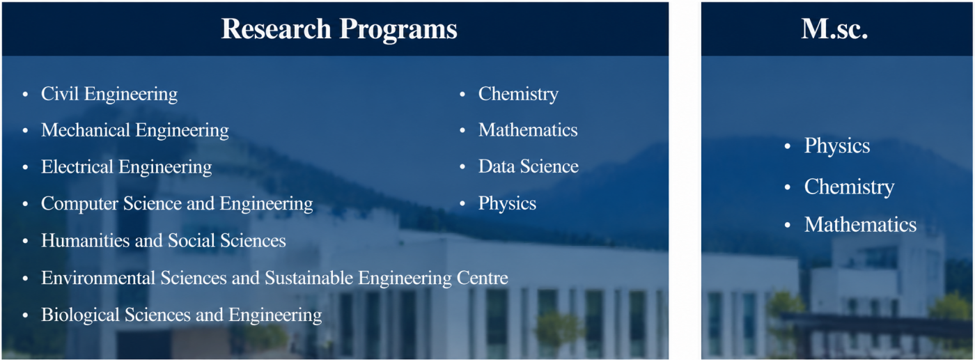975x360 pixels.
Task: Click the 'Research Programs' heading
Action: [339, 29]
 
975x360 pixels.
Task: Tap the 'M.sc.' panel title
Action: [834, 29]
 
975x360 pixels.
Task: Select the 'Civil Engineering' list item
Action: [109, 94]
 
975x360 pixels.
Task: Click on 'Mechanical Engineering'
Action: [135, 131]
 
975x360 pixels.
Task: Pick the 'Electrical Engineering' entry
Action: [127, 167]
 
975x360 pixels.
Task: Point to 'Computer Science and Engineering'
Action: [177, 204]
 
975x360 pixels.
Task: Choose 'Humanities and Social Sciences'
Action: [164, 240]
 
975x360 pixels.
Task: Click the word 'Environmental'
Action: [98, 278]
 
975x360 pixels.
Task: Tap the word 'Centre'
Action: [482, 278]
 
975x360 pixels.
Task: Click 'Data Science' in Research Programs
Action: [529, 166]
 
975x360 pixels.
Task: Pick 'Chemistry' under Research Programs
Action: [518, 94]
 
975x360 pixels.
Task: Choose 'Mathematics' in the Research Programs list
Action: [528, 130]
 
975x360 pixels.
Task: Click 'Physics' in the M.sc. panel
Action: [837, 146]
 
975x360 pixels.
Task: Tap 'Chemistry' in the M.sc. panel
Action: [849, 187]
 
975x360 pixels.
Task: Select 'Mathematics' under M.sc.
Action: [861, 225]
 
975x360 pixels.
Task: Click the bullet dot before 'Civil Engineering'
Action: [25, 95]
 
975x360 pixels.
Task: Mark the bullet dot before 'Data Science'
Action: [462, 166]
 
